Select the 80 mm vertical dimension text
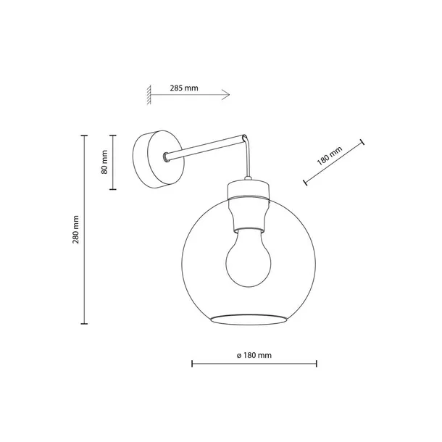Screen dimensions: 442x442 [104, 162]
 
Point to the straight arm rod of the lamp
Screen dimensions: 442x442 [207, 145]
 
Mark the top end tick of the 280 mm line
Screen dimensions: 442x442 [85, 135]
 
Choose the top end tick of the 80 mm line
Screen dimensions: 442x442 [112, 135]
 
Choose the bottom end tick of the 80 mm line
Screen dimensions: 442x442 [112, 189]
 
